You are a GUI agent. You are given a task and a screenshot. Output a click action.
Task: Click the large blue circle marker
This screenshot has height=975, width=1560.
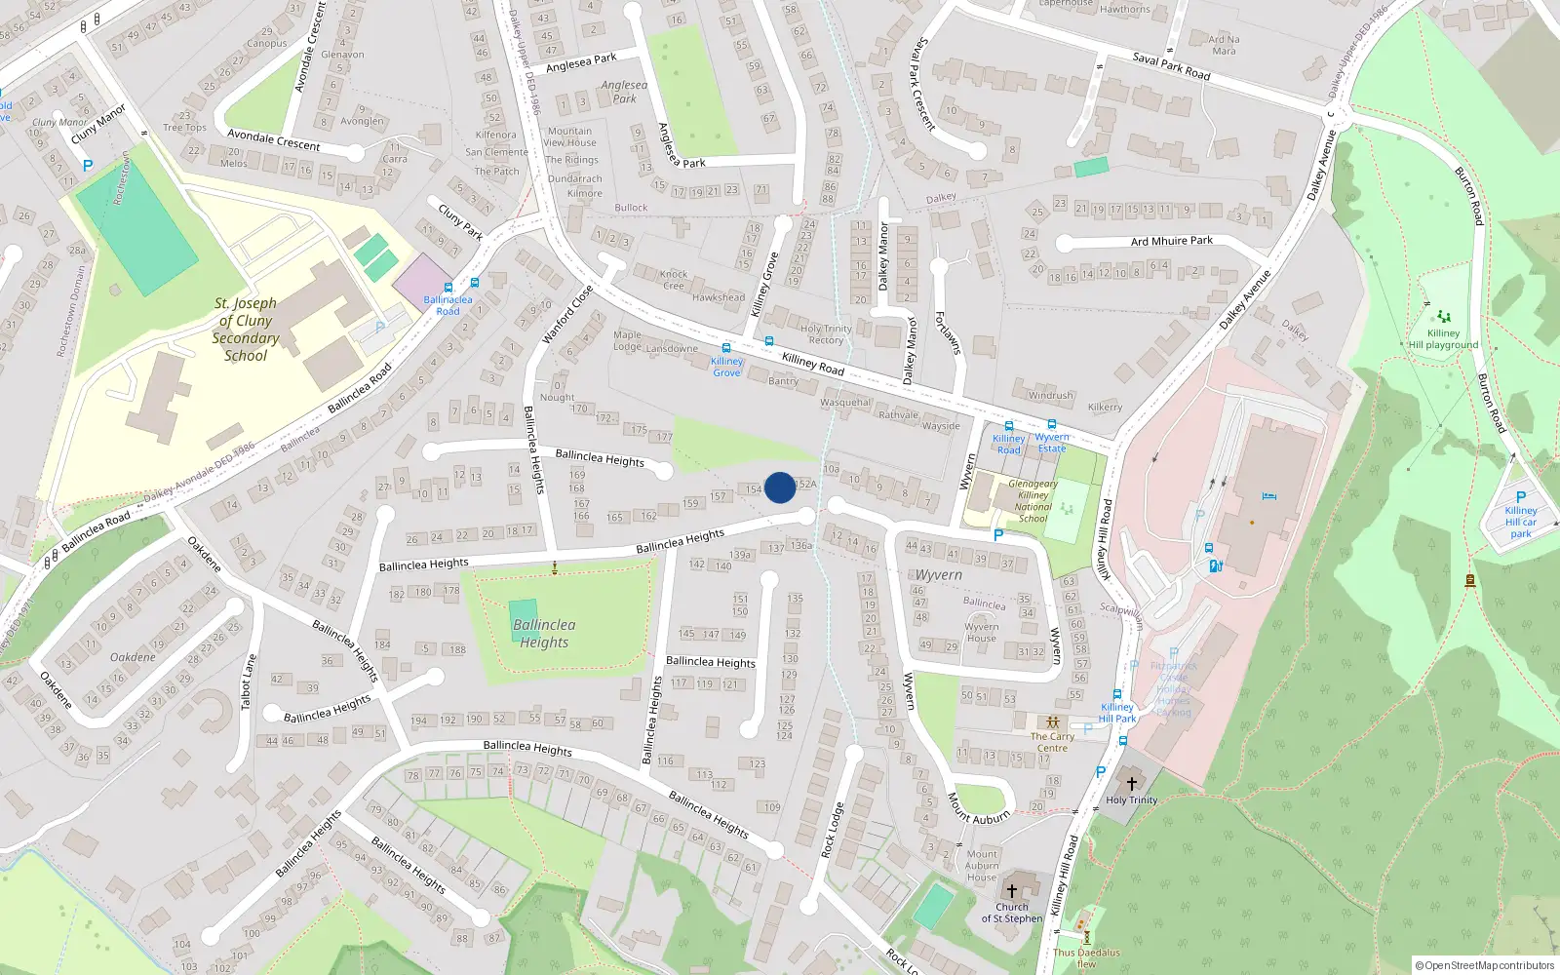point(780,487)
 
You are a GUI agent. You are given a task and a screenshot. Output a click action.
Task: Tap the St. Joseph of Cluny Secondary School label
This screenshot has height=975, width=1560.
point(246,330)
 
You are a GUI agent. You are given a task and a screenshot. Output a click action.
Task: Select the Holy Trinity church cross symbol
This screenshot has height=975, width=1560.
point(1131,784)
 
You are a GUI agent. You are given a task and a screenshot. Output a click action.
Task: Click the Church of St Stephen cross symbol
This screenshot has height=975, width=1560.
point(1012,891)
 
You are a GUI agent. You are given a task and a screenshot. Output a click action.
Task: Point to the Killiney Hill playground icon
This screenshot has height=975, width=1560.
point(1444,317)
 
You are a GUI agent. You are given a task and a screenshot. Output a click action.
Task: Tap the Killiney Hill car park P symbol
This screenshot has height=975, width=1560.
point(1521,497)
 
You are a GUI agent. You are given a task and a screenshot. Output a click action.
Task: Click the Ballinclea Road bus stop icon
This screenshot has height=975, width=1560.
point(448,288)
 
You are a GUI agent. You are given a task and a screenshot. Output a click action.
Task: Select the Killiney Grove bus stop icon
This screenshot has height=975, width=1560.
point(726,348)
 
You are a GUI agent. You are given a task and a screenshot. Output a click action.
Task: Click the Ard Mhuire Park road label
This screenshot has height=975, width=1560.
point(1172,241)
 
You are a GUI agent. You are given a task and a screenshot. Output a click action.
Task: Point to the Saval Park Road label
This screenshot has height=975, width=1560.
point(1171,66)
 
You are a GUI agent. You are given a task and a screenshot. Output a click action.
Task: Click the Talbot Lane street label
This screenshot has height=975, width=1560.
point(249,681)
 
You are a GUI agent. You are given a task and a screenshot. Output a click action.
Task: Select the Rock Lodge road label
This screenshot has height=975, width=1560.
point(832,831)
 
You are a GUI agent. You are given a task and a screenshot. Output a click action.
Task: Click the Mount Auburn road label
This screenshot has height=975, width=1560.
point(979,809)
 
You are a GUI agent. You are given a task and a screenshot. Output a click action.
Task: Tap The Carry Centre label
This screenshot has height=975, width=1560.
point(1052,742)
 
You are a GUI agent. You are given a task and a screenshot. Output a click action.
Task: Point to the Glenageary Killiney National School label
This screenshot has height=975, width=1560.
point(1033,501)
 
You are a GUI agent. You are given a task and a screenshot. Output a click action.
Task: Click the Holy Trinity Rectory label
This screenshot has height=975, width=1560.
point(826,334)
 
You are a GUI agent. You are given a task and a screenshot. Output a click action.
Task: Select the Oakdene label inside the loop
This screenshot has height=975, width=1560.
point(133,657)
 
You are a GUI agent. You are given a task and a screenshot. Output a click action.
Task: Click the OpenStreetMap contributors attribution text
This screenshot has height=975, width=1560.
point(1484,965)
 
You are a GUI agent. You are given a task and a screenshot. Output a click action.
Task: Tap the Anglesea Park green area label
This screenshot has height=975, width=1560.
point(624,92)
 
